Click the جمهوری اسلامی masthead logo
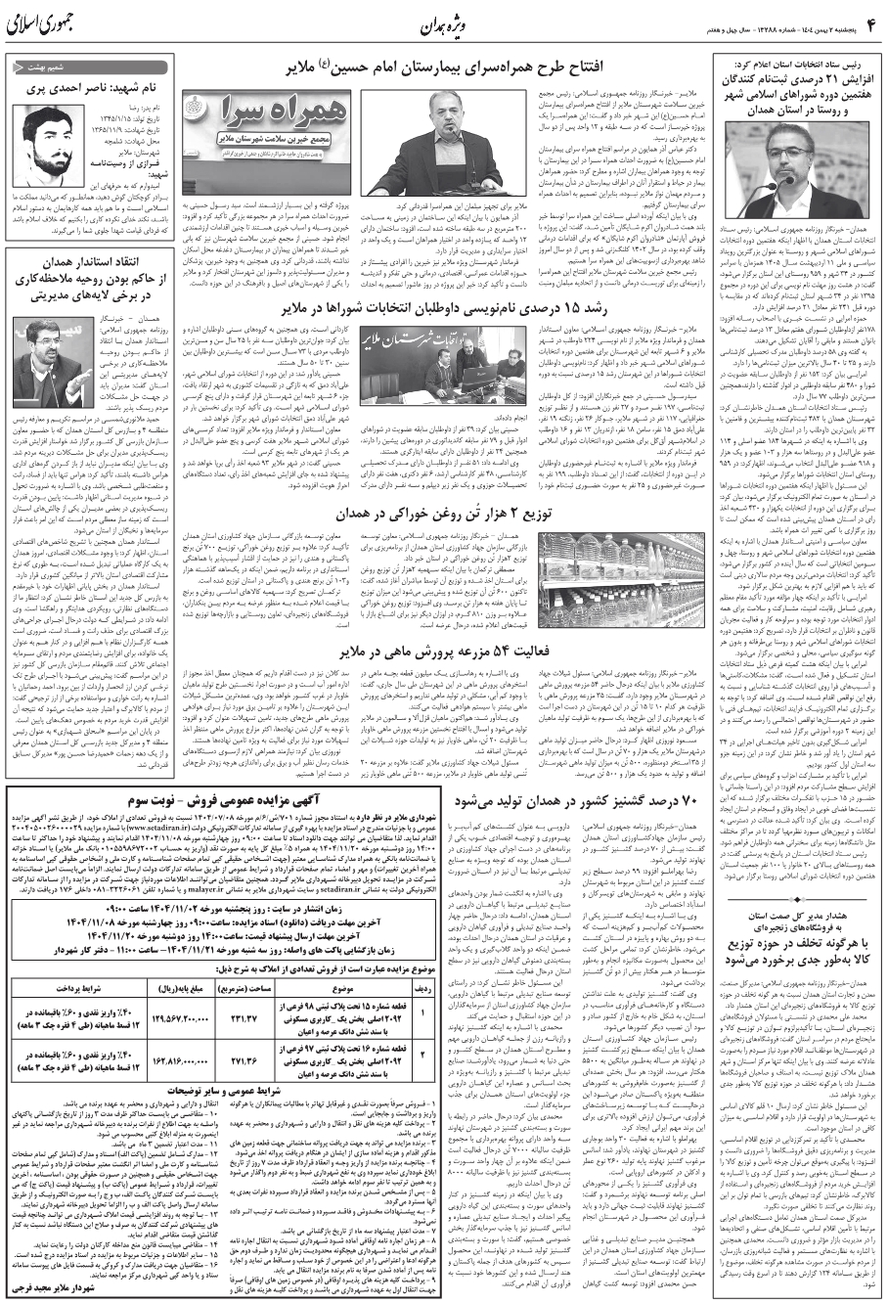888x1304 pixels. tap(48, 25)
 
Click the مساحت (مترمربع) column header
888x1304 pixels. tap(244, 990)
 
